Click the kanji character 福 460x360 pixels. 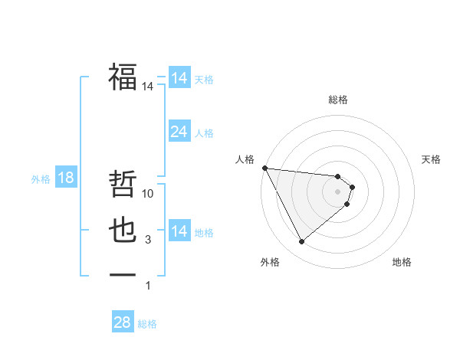click(123, 77)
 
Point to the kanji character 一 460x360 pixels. click(123, 275)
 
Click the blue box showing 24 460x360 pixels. click(179, 132)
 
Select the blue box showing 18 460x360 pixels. click(66, 178)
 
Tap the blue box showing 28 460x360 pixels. click(122, 322)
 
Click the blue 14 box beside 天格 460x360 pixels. click(179, 78)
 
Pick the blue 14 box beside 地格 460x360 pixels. click(179, 231)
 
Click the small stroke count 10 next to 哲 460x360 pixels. click(149, 194)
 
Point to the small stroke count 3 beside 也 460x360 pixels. click(148, 240)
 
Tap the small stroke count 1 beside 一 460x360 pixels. click(148, 286)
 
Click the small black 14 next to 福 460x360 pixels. click(148, 87)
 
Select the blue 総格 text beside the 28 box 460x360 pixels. click(147, 324)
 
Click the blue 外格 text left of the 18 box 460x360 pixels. click(41, 179)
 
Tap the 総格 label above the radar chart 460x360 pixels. click(338, 100)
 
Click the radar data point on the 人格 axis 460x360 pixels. click(264, 168)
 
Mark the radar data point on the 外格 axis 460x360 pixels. click(301, 242)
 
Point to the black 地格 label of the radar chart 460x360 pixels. click(402, 262)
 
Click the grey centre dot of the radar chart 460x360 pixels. click(338, 191)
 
